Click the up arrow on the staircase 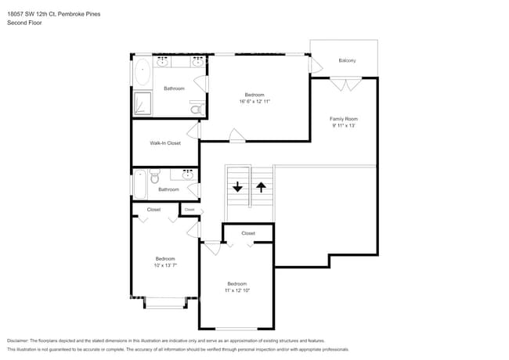click(261, 187)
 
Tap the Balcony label click(347, 60)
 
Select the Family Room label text click(343, 118)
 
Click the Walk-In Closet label click(165, 143)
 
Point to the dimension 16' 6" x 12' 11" click(254, 101)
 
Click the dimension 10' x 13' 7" click(164, 265)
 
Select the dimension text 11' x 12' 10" click(236, 290)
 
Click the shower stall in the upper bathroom click(143, 104)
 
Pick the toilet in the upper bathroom click(197, 107)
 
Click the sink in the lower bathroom click(188, 175)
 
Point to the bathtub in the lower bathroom click(139, 185)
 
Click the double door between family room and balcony click(345, 81)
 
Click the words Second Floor click(25, 23)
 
